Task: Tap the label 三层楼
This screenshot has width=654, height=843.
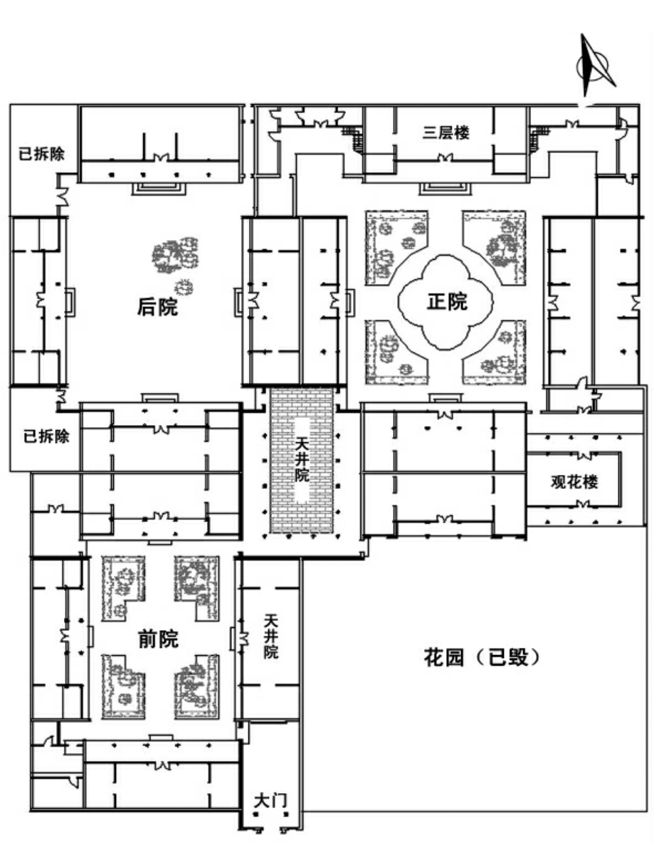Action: click(445, 132)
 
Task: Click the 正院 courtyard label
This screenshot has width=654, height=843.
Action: click(447, 302)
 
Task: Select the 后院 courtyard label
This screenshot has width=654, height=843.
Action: click(157, 307)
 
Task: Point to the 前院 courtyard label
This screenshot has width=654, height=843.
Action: click(158, 639)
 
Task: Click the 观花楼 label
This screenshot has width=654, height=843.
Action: click(574, 482)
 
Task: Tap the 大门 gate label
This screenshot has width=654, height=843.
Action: click(270, 800)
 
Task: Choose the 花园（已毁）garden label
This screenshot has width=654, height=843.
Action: click(482, 657)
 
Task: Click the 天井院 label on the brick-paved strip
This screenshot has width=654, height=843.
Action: click(302, 459)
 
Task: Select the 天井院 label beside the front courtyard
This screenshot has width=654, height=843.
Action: click(271, 637)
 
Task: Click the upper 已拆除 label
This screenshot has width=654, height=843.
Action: click(41, 154)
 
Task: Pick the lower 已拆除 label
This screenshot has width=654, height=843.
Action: click(46, 436)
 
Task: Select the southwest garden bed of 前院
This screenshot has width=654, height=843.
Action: click(122, 686)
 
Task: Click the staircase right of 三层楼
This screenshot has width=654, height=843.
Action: click(539, 137)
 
